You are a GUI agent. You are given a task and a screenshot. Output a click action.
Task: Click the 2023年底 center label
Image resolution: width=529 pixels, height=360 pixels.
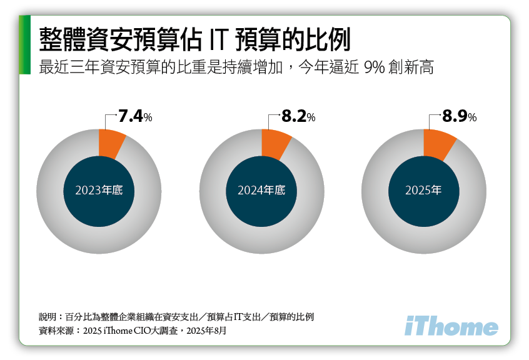(99, 190)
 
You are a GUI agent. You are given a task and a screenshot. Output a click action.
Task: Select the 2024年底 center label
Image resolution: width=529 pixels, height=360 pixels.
(261, 190)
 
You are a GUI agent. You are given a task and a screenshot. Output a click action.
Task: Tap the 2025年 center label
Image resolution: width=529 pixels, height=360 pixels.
(423, 190)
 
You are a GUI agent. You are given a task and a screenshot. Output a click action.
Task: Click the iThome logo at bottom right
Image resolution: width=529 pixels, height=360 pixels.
(451, 326)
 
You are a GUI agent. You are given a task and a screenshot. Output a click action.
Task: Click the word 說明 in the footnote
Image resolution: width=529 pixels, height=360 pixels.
(48, 317)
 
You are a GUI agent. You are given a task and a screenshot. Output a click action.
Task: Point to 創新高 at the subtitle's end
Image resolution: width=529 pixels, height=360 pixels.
(416, 67)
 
